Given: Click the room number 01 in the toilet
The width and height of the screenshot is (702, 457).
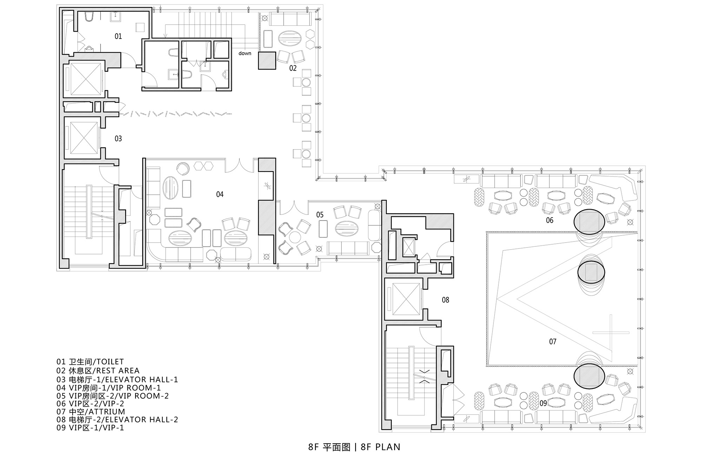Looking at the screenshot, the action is click(x=118, y=36).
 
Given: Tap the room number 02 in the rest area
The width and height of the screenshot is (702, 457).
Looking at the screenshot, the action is click(x=293, y=68).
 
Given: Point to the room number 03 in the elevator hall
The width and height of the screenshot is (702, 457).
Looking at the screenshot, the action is click(x=118, y=139).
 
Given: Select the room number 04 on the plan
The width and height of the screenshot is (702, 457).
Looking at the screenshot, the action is click(x=220, y=194).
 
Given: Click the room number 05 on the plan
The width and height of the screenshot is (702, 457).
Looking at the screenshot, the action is click(x=320, y=215).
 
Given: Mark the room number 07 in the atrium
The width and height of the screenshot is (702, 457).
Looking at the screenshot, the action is click(x=553, y=341).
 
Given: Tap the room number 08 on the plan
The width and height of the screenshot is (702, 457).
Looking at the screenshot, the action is click(x=445, y=300).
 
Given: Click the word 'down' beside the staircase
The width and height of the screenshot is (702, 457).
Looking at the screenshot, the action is click(x=245, y=53).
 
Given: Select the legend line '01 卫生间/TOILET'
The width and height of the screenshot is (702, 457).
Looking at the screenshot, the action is click(x=90, y=362).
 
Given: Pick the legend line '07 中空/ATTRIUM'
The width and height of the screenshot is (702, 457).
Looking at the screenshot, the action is click(x=91, y=411).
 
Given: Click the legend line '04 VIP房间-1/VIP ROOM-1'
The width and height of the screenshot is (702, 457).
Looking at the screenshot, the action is click(x=109, y=388).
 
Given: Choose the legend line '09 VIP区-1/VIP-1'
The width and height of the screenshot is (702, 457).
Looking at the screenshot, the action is click(x=90, y=428).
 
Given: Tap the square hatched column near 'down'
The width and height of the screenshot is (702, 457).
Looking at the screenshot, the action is click(x=267, y=61).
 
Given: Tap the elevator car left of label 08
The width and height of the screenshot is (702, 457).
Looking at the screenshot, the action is click(x=406, y=299).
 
